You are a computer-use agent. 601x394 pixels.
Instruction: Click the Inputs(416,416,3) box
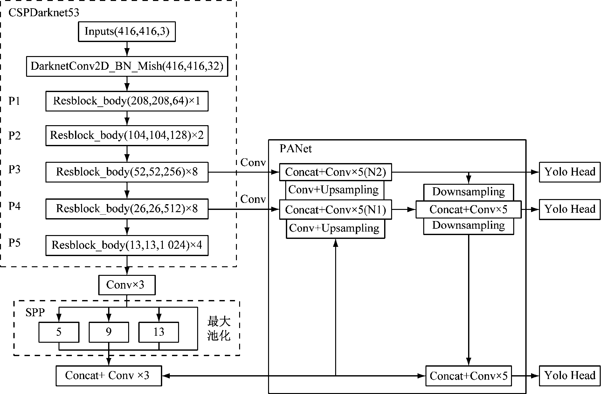tap(127, 32)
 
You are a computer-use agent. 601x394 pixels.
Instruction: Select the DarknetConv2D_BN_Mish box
tap(127, 66)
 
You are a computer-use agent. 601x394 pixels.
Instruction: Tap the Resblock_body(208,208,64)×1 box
tap(127, 101)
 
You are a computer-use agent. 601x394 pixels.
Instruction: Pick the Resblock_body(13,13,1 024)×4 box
tap(127, 245)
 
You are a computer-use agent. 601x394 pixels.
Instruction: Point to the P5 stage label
tap(14, 243)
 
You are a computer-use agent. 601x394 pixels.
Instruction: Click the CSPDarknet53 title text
tap(44, 13)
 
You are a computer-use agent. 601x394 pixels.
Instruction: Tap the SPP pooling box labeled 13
tap(159, 332)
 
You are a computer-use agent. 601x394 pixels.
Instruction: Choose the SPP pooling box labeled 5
tap(59, 332)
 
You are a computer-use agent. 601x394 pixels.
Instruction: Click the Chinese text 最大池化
tap(219, 329)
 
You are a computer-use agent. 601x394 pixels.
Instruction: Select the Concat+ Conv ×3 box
tap(108, 376)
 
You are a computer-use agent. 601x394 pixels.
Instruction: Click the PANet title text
tap(295, 149)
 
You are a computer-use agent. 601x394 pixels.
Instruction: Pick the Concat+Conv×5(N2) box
tap(335, 172)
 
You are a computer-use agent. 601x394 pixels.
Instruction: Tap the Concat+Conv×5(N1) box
tap(335, 210)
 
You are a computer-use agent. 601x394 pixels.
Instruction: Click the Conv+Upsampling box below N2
tap(335, 190)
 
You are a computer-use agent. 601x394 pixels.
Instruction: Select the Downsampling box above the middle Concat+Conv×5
tap(468, 192)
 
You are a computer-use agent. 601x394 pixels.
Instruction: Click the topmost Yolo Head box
tap(570, 172)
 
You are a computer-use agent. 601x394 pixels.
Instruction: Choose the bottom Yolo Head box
tap(570, 376)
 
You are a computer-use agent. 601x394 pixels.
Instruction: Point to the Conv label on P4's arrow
tap(253, 199)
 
